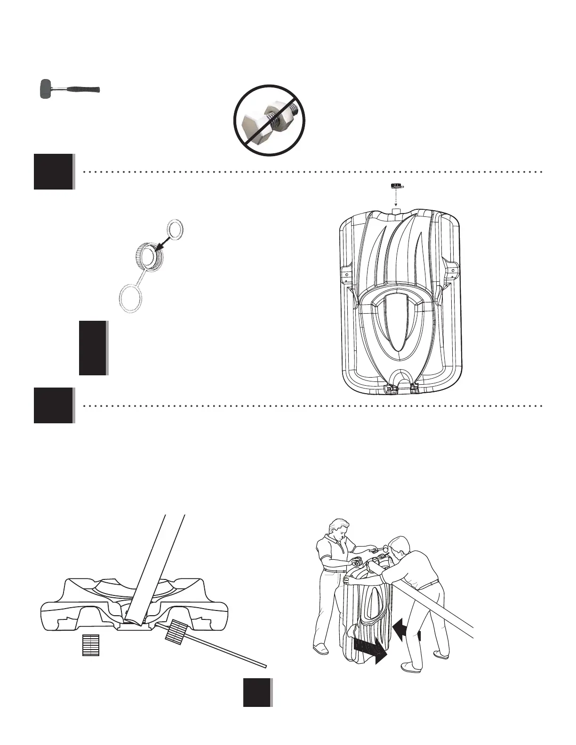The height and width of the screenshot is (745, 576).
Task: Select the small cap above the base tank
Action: point(395,186)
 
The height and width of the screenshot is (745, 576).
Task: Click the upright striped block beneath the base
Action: point(91,645)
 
